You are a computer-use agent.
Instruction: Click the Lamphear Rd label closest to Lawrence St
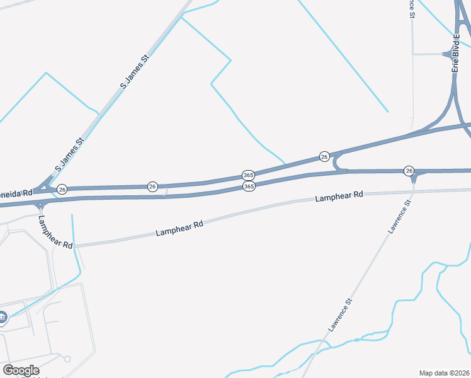click(x=339, y=197)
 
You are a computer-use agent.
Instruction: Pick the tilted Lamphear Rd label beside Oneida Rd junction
click(x=55, y=231)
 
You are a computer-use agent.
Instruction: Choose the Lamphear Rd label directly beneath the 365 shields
click(x=179, y=228)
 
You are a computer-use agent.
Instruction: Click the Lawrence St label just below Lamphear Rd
click(x=399, y=217)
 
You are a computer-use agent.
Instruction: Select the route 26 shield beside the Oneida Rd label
click(x=62, y=189)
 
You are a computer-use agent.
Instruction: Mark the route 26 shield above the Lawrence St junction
click(x=409, y=171)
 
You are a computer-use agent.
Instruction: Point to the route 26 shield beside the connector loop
click(x=324, y=156)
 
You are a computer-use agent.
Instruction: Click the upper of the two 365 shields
click(x=248, y=175)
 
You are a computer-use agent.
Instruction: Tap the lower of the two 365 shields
click(x=249, y=186)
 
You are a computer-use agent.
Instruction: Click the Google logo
click(x=21, y=370)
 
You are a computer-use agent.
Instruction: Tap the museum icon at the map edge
click(x=3, y=317)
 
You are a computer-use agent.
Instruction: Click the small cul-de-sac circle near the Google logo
click(x=67, y=359)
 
